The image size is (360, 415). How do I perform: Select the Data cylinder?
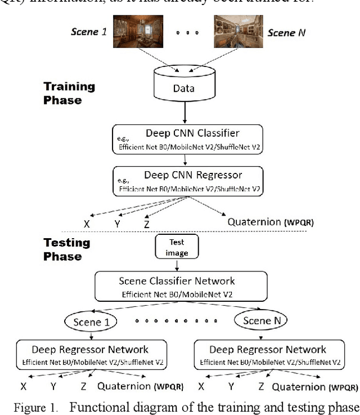coord(183,84)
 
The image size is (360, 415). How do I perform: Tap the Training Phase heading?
coord(69,93)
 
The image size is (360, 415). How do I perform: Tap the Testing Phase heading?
coord(66,249)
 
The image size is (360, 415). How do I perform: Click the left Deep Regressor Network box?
coord(91,355)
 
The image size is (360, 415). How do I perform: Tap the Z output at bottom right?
coord(261,387)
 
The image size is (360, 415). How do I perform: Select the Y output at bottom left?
coord(54,387)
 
